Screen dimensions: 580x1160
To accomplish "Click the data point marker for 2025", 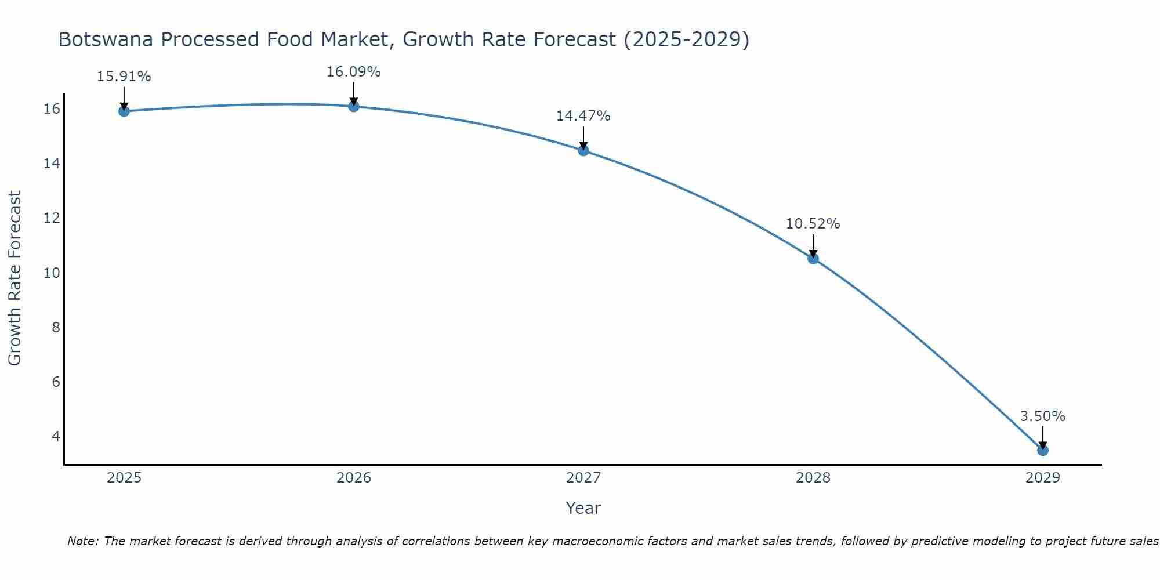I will [x=124, y=111].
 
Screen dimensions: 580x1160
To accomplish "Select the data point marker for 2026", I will [x=354, y=106].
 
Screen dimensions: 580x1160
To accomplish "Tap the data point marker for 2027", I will [x=583, y=150].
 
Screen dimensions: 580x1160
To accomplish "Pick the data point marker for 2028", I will [x=813, y=258].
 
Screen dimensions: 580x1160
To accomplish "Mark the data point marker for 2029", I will [x=1043, y=450].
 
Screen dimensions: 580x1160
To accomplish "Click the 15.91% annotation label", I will [x=124, y=77].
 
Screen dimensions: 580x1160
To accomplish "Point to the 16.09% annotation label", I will [x=353, y=72].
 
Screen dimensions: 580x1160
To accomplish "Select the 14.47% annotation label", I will [x=583, y=116].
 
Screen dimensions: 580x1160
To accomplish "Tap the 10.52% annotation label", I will [x=813, y=224].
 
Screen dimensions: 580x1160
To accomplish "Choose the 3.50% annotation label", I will [x=1042, y=416].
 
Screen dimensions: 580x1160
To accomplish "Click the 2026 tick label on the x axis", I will [x=354, y=478].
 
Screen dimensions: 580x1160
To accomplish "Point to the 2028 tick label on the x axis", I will [x=813, y=478].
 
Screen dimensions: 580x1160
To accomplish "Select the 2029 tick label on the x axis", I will [x=1043, y=478].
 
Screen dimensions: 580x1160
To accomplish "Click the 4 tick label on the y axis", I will [x=56, y=436].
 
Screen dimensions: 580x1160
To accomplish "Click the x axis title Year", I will [x=583, y=508].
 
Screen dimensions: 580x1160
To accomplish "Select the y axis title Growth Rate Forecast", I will [x=14, y=278].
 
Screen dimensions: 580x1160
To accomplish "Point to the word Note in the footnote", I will [x=83, y=541].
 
